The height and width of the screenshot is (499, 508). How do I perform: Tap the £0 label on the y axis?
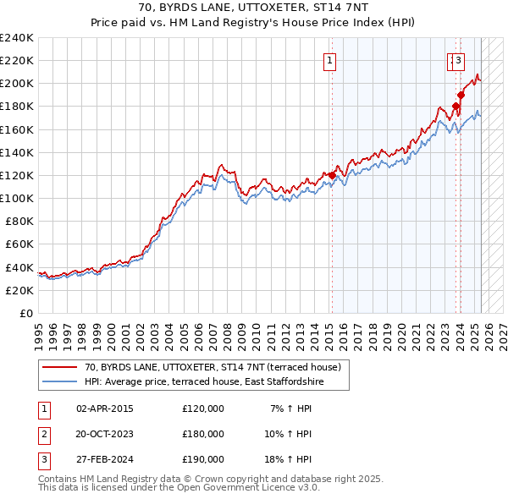tap(25, 313)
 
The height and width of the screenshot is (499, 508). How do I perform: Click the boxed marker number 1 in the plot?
tap(329, 60)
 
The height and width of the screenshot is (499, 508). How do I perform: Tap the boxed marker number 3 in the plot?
tap(458, 60)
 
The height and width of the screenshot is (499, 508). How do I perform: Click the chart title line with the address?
tap(253, 9)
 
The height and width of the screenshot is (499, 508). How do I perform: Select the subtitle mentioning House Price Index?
tap(253, 24)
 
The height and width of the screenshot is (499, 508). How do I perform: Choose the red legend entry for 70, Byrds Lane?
tap(212, 367)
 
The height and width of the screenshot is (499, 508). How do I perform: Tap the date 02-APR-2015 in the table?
tap(104, 409)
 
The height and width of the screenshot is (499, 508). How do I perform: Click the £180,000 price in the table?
tap(203, 434)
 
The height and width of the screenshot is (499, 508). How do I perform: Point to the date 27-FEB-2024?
tap(104, 459)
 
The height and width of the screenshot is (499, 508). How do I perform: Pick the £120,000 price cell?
tap(203, 409)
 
